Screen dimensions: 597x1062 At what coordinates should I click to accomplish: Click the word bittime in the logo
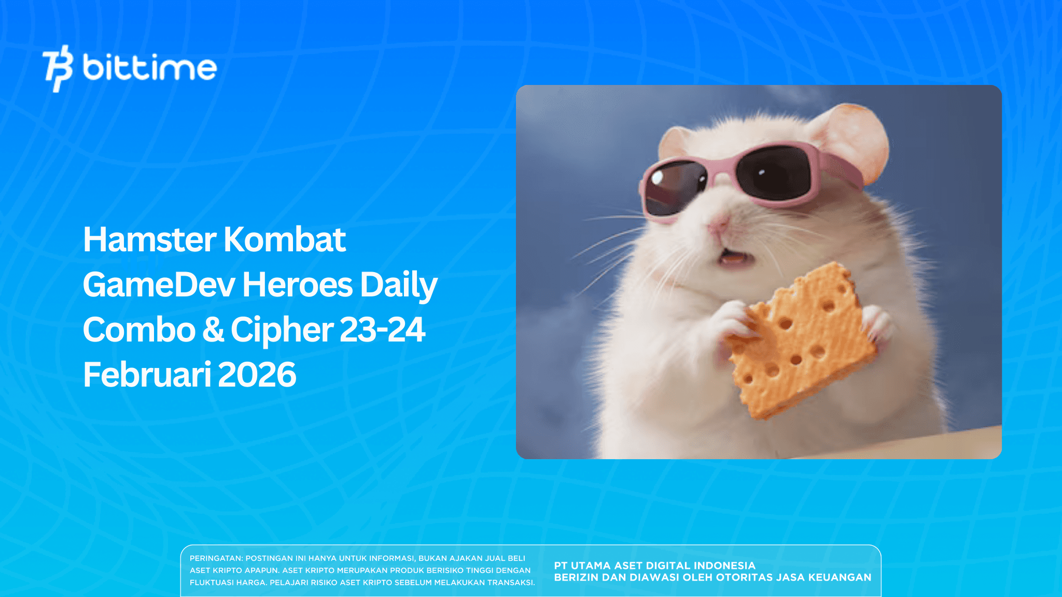[x=149, y=68]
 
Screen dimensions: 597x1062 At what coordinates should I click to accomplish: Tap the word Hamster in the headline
[x=149, y=240]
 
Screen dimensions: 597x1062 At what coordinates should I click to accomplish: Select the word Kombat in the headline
[x=285, y=240]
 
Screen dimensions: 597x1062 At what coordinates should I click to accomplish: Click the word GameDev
[x=159, y=285]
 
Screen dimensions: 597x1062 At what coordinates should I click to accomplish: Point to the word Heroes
[x=297, y=285]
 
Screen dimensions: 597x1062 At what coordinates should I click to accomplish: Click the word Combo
[x=139, y=330]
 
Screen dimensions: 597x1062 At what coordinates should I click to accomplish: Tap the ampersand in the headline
[x=213, y=330]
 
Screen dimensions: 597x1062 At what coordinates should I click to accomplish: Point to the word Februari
[x=147, y=375]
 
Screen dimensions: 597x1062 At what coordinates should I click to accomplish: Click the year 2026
[x=257, y=375]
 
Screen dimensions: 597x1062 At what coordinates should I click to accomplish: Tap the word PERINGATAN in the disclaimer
[x=216, y=559]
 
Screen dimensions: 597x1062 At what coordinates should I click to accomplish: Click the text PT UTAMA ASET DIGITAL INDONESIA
[x=654, y=566]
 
